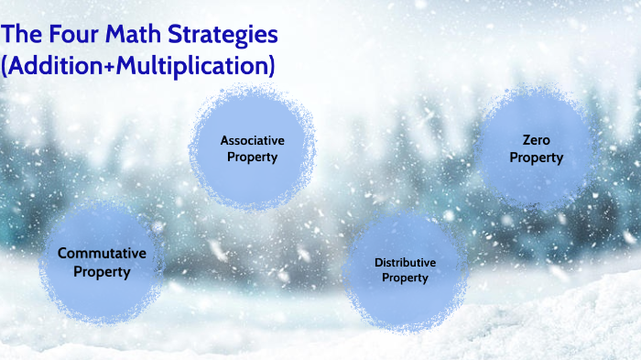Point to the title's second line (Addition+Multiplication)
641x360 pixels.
138,67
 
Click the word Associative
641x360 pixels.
252,140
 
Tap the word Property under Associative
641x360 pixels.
252,157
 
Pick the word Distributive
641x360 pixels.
405,263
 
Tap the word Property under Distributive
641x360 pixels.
405,278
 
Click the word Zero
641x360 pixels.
536,140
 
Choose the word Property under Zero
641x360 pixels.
536,158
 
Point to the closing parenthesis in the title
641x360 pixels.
271,67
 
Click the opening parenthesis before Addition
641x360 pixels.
6,67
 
